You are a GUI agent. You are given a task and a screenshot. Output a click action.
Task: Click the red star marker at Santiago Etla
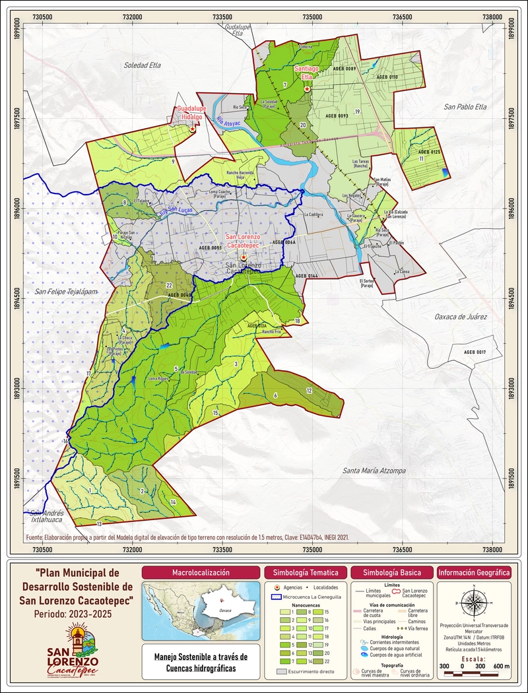coord(307,88)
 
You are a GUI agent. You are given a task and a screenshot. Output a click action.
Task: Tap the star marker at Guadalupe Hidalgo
coord(192,130)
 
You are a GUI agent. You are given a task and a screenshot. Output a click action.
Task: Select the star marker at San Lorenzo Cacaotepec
coord(244,257)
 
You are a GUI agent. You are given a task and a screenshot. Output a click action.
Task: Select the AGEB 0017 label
coord(475,352)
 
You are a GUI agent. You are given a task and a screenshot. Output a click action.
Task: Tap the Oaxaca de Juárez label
coord(460,317)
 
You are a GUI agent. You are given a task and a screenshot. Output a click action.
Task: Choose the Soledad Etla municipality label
coord(143,65)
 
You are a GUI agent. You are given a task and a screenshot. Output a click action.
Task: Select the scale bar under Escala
coord(475,673)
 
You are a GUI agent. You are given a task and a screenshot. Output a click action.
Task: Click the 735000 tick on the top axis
coord(312,16)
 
